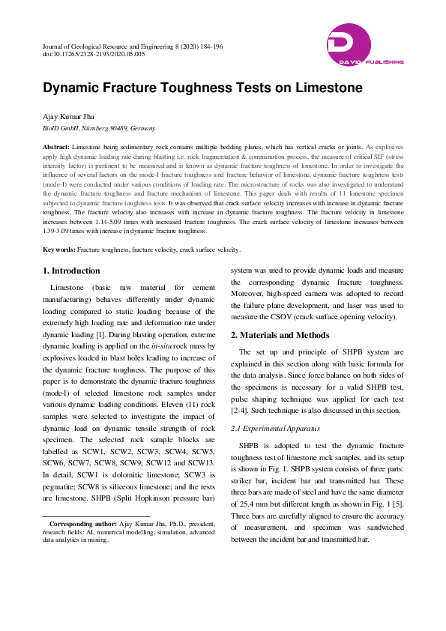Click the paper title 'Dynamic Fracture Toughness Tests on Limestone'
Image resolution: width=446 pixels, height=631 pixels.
[202, 88]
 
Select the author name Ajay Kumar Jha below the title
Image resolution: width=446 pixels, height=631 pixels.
[70, 117]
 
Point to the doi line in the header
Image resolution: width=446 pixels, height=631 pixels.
[94, 55]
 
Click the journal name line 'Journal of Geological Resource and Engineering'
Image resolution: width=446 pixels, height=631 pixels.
[112, 46]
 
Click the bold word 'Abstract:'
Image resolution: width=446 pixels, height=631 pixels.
[56, 148]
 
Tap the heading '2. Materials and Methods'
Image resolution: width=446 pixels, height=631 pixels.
[280, 335]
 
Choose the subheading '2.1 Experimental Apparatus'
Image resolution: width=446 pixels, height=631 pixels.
[275, 428]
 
